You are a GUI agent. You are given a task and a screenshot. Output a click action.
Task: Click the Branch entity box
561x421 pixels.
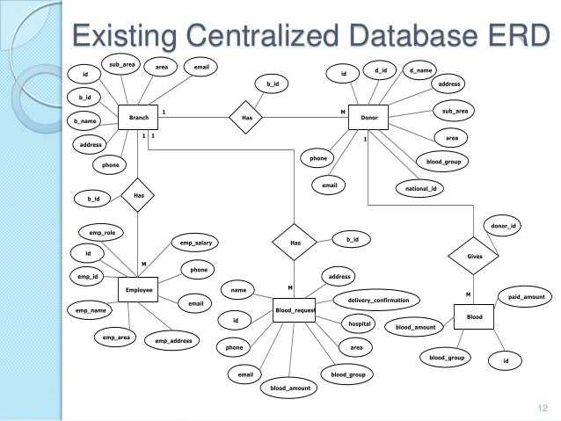click(138, 117)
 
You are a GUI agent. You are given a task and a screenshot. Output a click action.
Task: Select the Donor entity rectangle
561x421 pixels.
click(362, 117)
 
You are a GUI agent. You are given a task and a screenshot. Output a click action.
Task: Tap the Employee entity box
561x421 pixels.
click(139, 290)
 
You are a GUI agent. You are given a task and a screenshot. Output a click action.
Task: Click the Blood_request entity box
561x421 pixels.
click(294, 309)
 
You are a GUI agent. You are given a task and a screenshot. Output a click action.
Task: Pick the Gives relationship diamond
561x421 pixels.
click(475, 256)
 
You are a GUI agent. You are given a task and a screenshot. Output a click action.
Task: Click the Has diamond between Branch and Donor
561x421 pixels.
click(247, 117)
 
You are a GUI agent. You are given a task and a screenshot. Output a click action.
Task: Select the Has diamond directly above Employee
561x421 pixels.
click(138, 195)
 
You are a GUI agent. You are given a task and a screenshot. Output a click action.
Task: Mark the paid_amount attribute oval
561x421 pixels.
click(526, 298)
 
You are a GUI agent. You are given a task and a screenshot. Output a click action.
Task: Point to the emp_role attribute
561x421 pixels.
click(103, 233)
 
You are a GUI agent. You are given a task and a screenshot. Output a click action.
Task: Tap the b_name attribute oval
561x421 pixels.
click(86, 120)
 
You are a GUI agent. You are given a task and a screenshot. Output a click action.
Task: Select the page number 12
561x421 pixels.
click(542, 406)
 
